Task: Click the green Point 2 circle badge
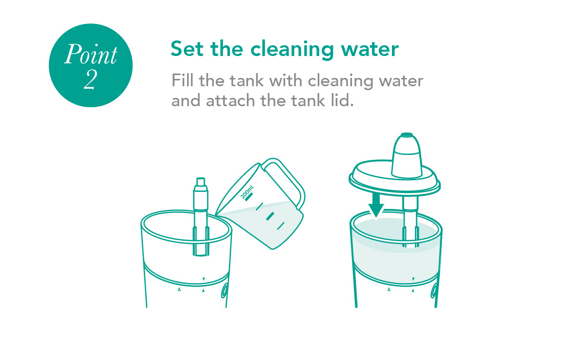(x=91, y=65)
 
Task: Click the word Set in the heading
(x=187, y=49)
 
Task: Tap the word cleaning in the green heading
(x=292, y=50)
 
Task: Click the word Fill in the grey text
(x=182, y=80)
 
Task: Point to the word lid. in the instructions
(x=342, y=100)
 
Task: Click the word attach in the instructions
(x=230, y=100)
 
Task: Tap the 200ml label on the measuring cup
(x=247, y=192)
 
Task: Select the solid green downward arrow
(x=376, y=206)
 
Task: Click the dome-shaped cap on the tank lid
(x=407, y=155)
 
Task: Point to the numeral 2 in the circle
(x=90, y=79)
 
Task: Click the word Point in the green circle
(x=91, y=54)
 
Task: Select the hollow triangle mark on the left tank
(x=179, y=289)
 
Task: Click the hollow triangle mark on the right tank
(x=389, y=289)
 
